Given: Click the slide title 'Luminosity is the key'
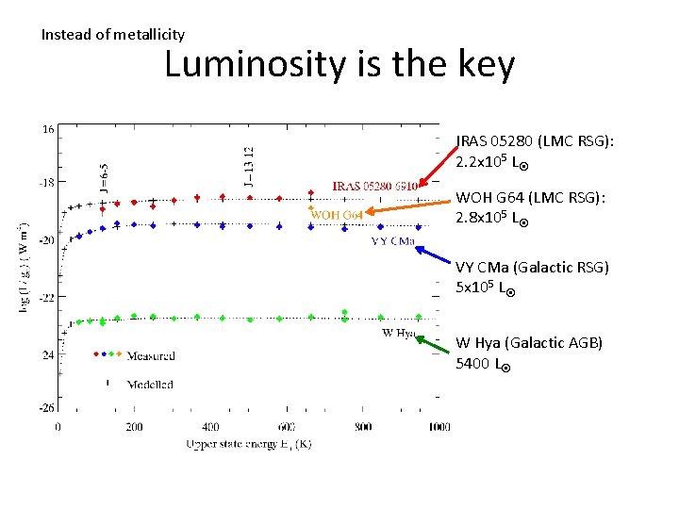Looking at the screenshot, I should point(339,66).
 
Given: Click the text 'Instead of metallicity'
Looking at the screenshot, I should point(113,35).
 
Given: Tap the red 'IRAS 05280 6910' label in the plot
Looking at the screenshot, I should point(374,187).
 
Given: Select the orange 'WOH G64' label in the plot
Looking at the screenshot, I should point(337,214).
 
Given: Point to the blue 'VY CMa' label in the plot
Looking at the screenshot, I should point(393,241).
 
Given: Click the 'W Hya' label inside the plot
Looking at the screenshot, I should point(399,332).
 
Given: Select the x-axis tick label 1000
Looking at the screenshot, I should point(439,427).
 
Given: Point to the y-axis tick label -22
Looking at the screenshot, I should point(46,296).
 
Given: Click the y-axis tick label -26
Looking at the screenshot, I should point(46,408).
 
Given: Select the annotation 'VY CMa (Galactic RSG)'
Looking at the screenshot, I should point(532,268).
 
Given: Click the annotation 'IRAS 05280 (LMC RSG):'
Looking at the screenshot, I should point(535,140).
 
